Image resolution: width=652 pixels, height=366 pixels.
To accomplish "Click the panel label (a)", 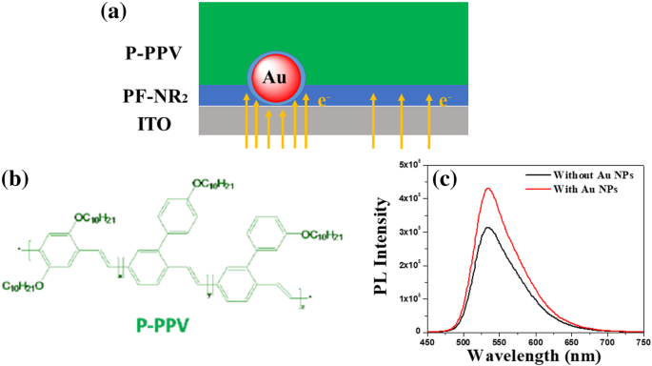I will tap(115, 13).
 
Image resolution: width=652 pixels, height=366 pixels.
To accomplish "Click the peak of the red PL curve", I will tap(515, 189).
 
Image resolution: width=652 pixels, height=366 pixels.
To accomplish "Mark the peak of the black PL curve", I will tap(514, 228).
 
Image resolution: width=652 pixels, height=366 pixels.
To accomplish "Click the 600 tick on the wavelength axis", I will tap(537, 339).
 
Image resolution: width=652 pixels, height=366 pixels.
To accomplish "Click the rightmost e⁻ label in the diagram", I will tap(444, 97).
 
